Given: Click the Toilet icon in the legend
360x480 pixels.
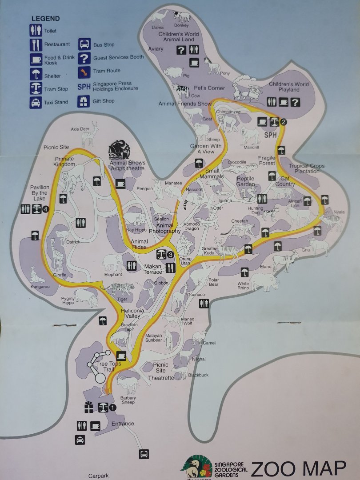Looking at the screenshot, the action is pos(36,31).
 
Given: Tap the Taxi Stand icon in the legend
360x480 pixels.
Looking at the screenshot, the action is pos(36,103).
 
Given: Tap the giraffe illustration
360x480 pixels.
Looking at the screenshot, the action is pos(57,254).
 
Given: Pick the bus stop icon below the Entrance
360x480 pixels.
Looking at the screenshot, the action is pos(144,454).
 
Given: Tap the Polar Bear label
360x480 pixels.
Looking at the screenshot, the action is pos(213,281).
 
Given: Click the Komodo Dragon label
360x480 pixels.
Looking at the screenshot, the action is pos(192,226).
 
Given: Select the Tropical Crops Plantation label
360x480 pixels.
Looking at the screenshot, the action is pos(307,168).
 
